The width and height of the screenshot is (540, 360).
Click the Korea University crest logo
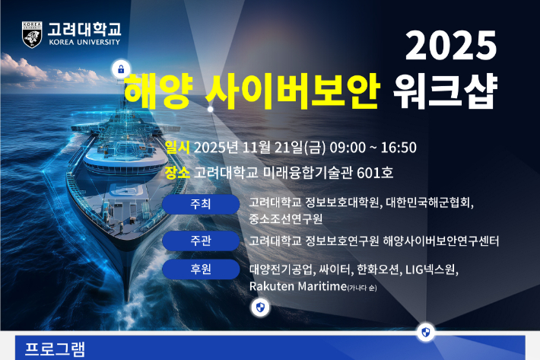pyautogui.click(x=32, y=35)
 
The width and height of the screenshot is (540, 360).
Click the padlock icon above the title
pyautogui.click(x=120, y=70)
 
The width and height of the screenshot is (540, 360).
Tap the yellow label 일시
pyautogui.click(x=178, y=147)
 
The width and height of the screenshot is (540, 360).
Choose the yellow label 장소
pyautogui.click(x=178, y=173)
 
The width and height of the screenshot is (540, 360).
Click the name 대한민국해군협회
pyautogui.click(x=429, y=203)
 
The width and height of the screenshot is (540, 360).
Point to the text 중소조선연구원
pyautogui.click(x=286, y=218)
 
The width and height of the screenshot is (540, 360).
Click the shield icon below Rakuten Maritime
pyautogui.click(x=260, y=307)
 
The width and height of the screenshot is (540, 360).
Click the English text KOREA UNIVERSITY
pyautogui.click(x=84, y=43)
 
